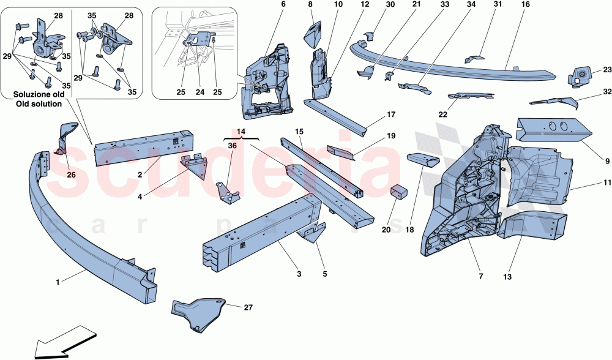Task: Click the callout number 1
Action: click(x=58, y=282)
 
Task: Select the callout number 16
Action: click(x=524, y=5)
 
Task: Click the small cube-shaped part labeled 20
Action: click(x=400, y=192)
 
